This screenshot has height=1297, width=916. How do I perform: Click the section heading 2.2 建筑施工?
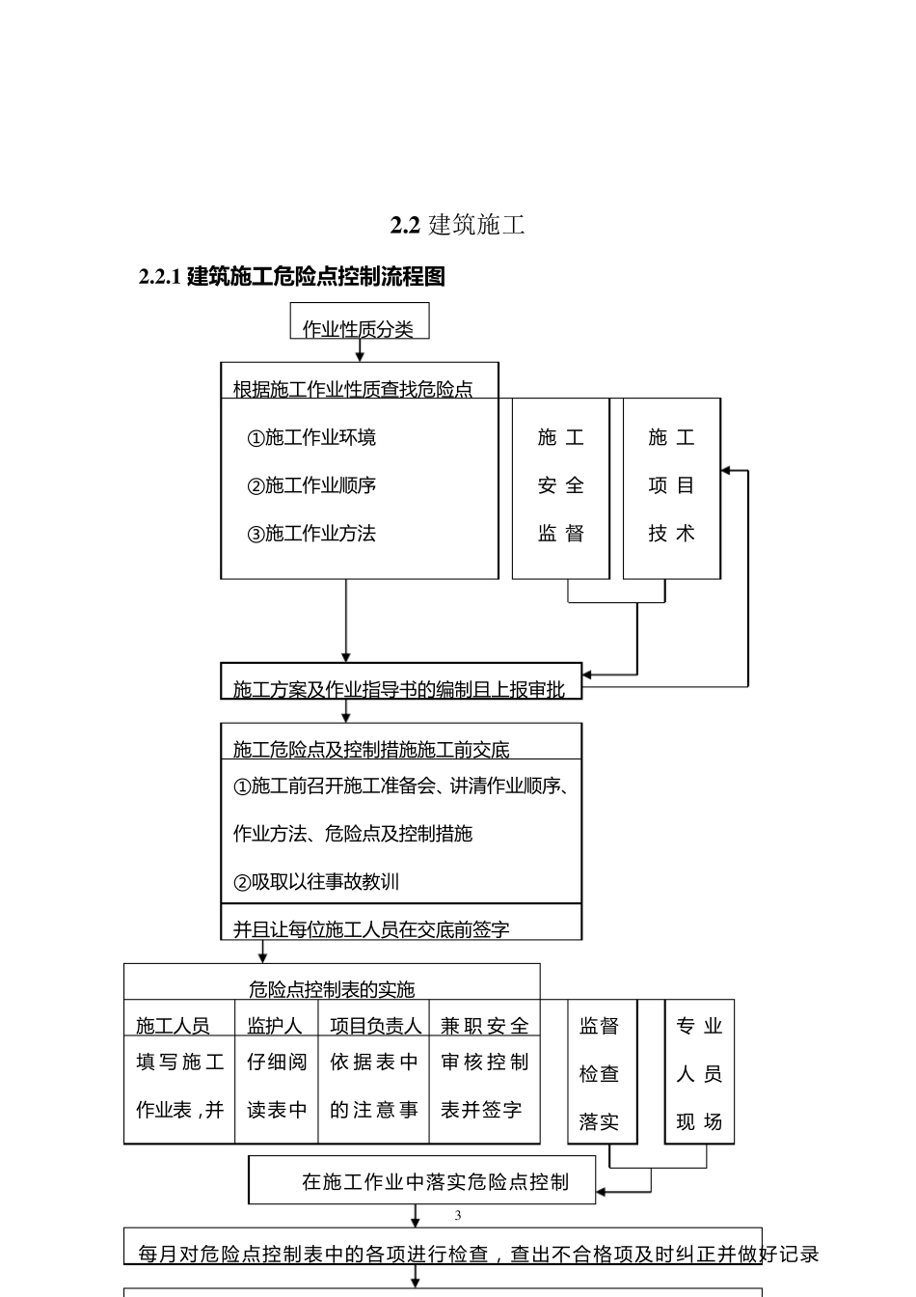click(457, 225)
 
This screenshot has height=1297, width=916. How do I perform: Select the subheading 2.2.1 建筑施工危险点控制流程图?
click(292, 277)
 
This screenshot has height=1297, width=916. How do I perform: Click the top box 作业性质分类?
click(359, 328)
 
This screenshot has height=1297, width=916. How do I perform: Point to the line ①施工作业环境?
click(311, 437)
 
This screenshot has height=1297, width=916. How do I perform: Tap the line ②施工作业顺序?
click(311, 485)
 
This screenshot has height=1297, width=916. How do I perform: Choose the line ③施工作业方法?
click(311, 534)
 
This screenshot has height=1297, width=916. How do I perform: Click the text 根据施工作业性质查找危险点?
click(353, 389)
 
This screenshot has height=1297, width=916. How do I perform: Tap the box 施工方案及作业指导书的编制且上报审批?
click(399, 688)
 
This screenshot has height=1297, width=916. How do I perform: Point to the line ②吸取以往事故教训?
click(316, 881)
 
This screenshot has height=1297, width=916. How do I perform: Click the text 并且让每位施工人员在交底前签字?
click(371, 929)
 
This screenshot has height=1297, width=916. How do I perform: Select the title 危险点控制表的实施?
click(332, 988)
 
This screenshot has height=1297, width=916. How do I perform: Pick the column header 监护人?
click(275, 1026)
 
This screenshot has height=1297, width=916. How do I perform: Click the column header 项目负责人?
click(375, 1026)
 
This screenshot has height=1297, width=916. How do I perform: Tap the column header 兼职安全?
click(485, 1026)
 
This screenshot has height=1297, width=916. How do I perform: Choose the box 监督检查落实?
click(600, 1073)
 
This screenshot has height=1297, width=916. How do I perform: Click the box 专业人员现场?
click(699, 1073)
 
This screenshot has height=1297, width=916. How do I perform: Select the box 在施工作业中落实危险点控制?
click(435, 1181)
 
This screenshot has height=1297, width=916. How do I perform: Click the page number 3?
click(458, 1215)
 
